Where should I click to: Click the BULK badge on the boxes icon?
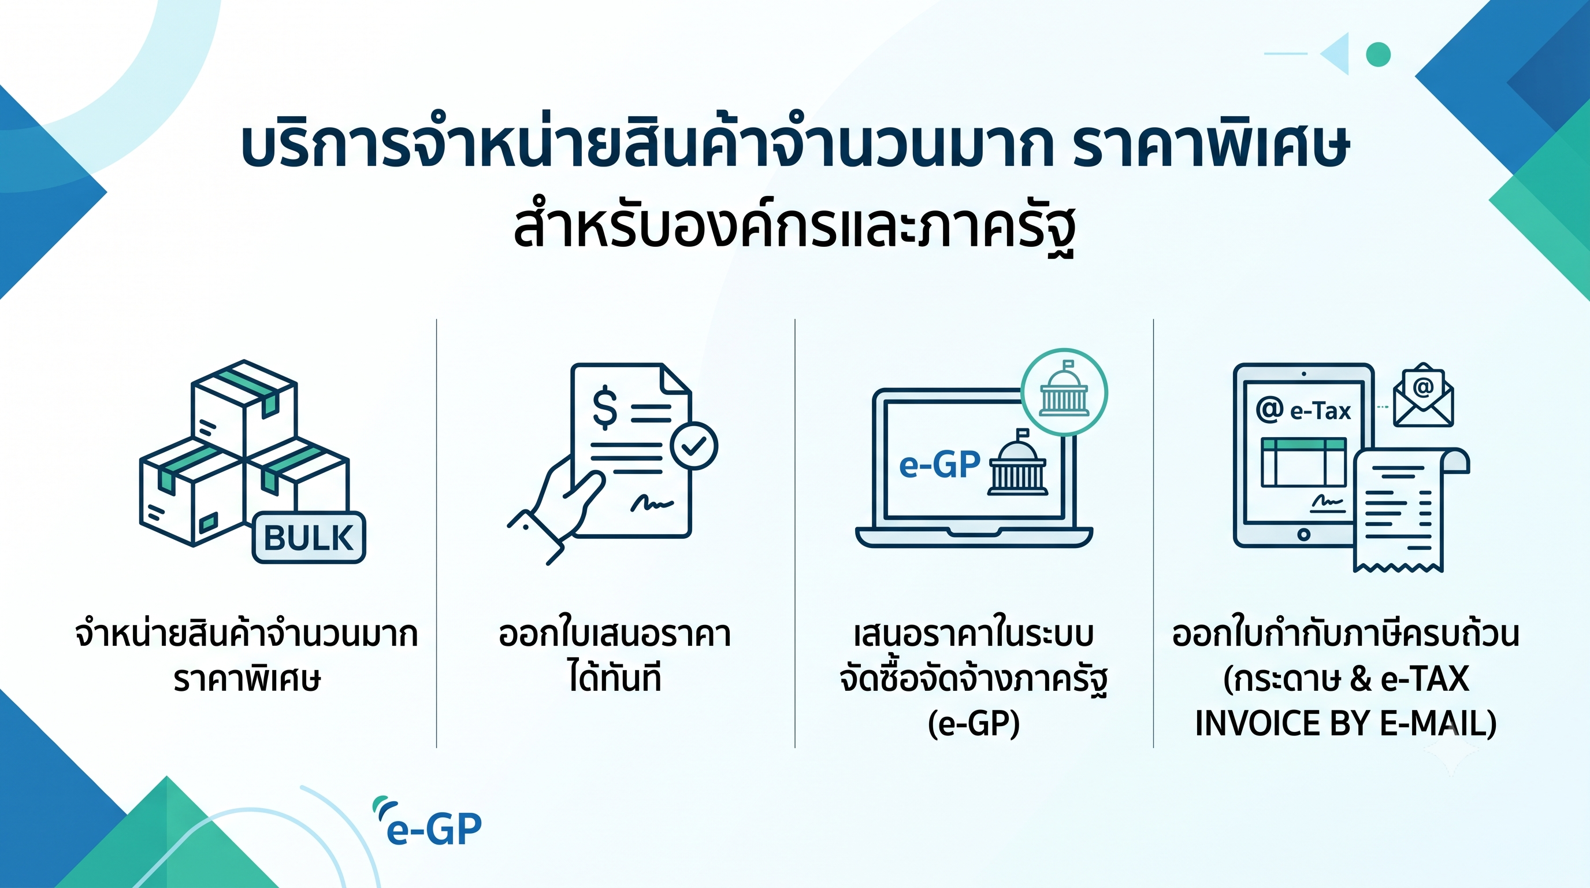click(x=309, y=537)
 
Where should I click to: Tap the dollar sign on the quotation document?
click(x=604, y=407)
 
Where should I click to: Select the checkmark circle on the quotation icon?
click(x=694, y=446)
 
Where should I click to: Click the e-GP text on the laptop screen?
click(x=939, y=465)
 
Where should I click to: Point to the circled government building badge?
click(x=1064, y=393)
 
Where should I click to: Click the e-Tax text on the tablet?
click(x=1320, y=410)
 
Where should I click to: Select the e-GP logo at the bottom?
click(x=427, y=824)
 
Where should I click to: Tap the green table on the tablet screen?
click(x=1303, y=462)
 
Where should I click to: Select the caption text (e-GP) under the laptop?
click(x=974, y=723)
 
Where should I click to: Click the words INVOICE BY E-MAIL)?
click(x=1346, y=723)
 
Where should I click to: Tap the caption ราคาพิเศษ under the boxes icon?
click(x=247, y=678)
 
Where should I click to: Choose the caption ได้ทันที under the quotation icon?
click(x=615, y=676)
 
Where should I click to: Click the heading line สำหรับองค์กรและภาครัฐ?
click(x=795, y=227)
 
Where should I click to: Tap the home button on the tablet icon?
click(x=1303, y=535)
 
